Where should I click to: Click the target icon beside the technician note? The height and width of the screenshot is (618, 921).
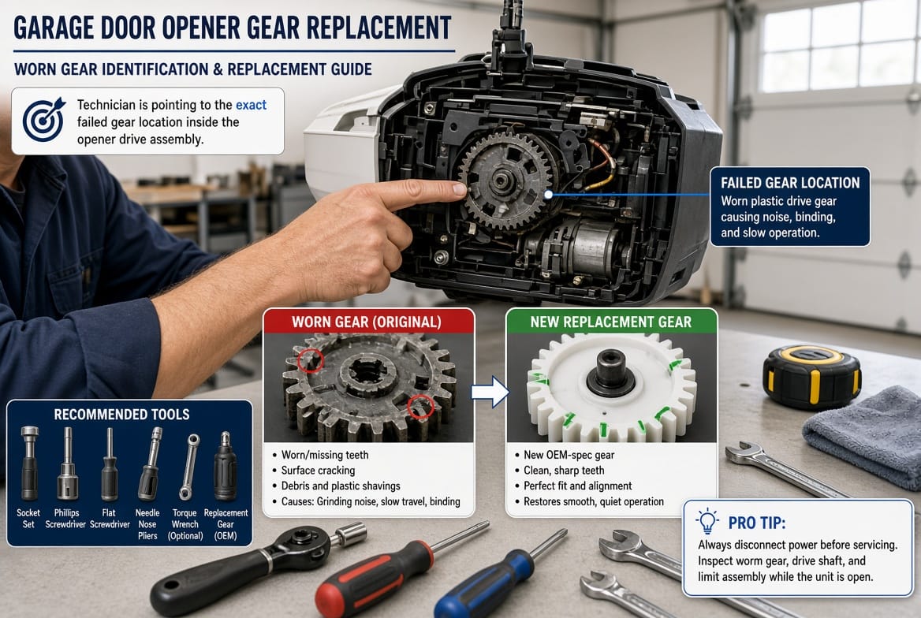(43, 121)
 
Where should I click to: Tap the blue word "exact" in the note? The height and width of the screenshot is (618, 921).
(251, 105)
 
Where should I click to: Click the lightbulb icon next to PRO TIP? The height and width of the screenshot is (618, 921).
(707, 521)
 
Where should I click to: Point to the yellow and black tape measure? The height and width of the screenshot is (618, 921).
(811, 377)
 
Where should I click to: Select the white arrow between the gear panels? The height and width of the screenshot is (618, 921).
(490, 393)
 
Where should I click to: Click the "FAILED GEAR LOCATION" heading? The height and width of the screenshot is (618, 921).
(790, 183)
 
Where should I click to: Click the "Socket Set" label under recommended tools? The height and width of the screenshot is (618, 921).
(28, 518)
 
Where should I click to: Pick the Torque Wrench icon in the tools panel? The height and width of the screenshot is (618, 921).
(189, 467)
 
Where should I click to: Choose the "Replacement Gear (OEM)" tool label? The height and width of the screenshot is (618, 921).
(226, 524)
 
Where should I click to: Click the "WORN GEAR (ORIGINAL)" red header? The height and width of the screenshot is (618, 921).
(367, 322)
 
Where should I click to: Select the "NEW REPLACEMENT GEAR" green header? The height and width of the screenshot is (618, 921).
(611, 322)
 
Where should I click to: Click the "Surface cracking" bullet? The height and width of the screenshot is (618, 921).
(318, 471)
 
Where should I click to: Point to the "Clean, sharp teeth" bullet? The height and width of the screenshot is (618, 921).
(564, 471)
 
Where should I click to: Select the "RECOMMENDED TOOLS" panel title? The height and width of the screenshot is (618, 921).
(121, 415)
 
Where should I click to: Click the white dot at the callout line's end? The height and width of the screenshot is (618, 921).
(548, 195)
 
